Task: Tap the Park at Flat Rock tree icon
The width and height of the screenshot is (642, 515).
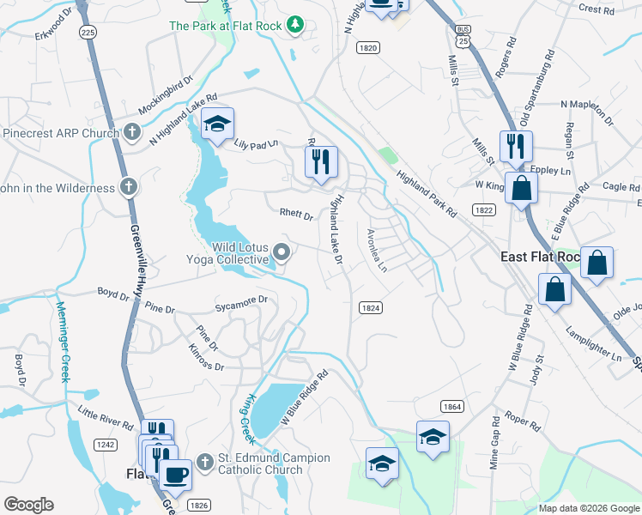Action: [296, 25]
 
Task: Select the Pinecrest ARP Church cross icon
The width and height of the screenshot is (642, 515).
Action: [131, 133]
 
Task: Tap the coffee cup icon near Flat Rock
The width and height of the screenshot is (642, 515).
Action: [176, 475]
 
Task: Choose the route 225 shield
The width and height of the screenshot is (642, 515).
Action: [88, 31]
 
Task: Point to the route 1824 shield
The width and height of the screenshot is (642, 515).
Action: [371, 307]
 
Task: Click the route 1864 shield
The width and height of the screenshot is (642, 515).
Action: [453, 406]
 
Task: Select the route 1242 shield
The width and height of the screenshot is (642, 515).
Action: [105, 445]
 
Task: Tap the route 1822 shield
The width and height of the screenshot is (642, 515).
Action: [483, 209]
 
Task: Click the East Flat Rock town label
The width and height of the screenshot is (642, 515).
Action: [541, 257]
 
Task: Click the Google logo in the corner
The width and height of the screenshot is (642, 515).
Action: [29, 505]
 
